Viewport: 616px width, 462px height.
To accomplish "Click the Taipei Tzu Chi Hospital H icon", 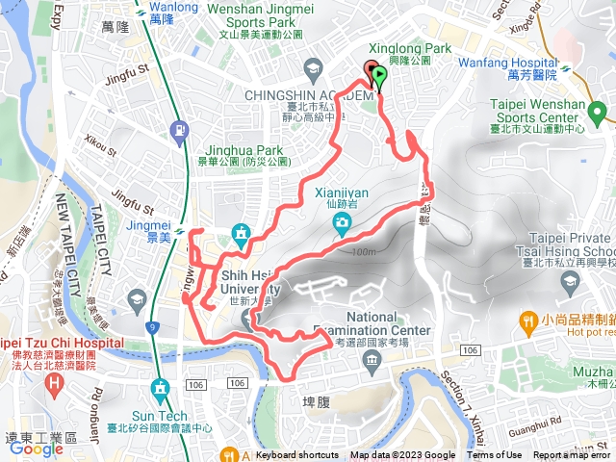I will point(54,382).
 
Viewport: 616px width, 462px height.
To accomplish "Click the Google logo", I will point(37,449).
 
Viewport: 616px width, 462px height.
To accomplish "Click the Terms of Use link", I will point(495,455).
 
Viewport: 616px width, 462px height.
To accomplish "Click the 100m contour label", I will point(364,252).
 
